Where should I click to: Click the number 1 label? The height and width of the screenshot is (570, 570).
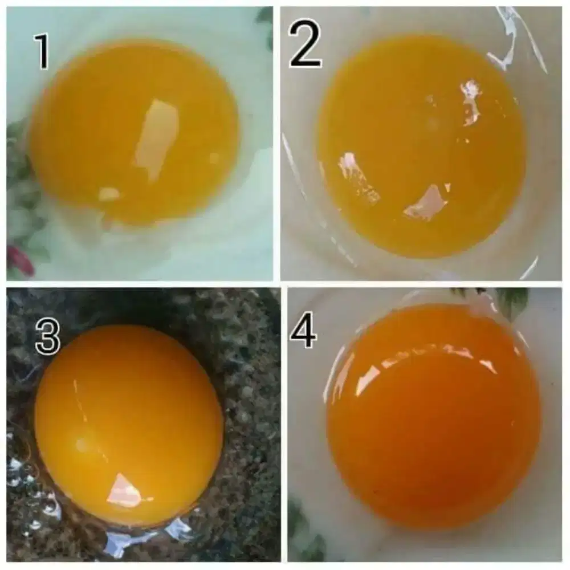coord(42,51)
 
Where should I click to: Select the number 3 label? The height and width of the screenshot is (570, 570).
coord(47,336)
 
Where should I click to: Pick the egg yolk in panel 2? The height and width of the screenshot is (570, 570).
coord(421,145)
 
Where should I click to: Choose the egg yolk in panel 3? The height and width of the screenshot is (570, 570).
coord(129,426)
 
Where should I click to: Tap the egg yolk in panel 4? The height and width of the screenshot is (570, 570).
coord(433,414)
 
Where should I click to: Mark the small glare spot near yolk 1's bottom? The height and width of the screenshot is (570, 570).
coord(109,193)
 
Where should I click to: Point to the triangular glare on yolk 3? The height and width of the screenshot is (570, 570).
coord(126,488)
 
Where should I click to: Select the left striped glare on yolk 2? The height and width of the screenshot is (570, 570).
coord(358,178)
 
